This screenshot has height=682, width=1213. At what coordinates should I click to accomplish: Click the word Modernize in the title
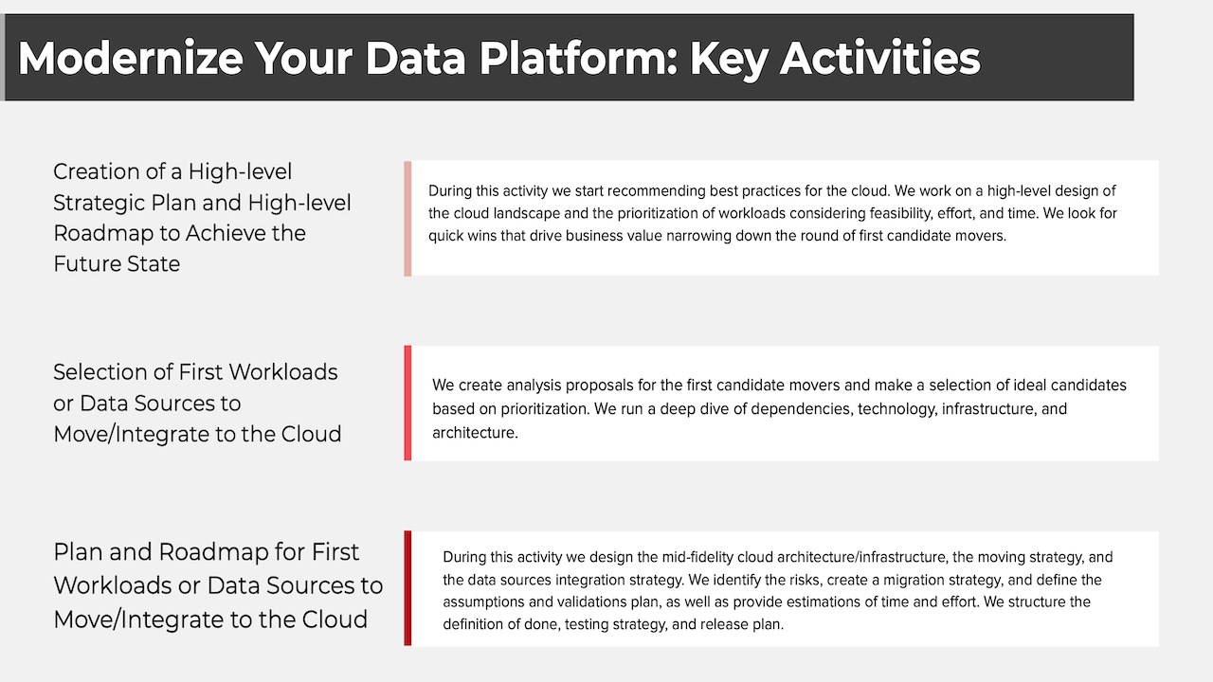(x=131, y=58)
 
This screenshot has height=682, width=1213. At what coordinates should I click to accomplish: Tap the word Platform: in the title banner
(x=578, y=58)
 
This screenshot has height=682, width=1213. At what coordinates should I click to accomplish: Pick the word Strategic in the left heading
(x=99, y=204)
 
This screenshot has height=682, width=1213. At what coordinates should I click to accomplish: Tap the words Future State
(x=117, y=264)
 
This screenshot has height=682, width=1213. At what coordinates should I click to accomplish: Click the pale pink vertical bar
(x=407, y=219)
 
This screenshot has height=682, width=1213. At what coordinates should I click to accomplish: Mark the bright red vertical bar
(x=407, y=404)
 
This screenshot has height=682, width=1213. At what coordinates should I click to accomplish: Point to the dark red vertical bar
(x=407, y=588)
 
